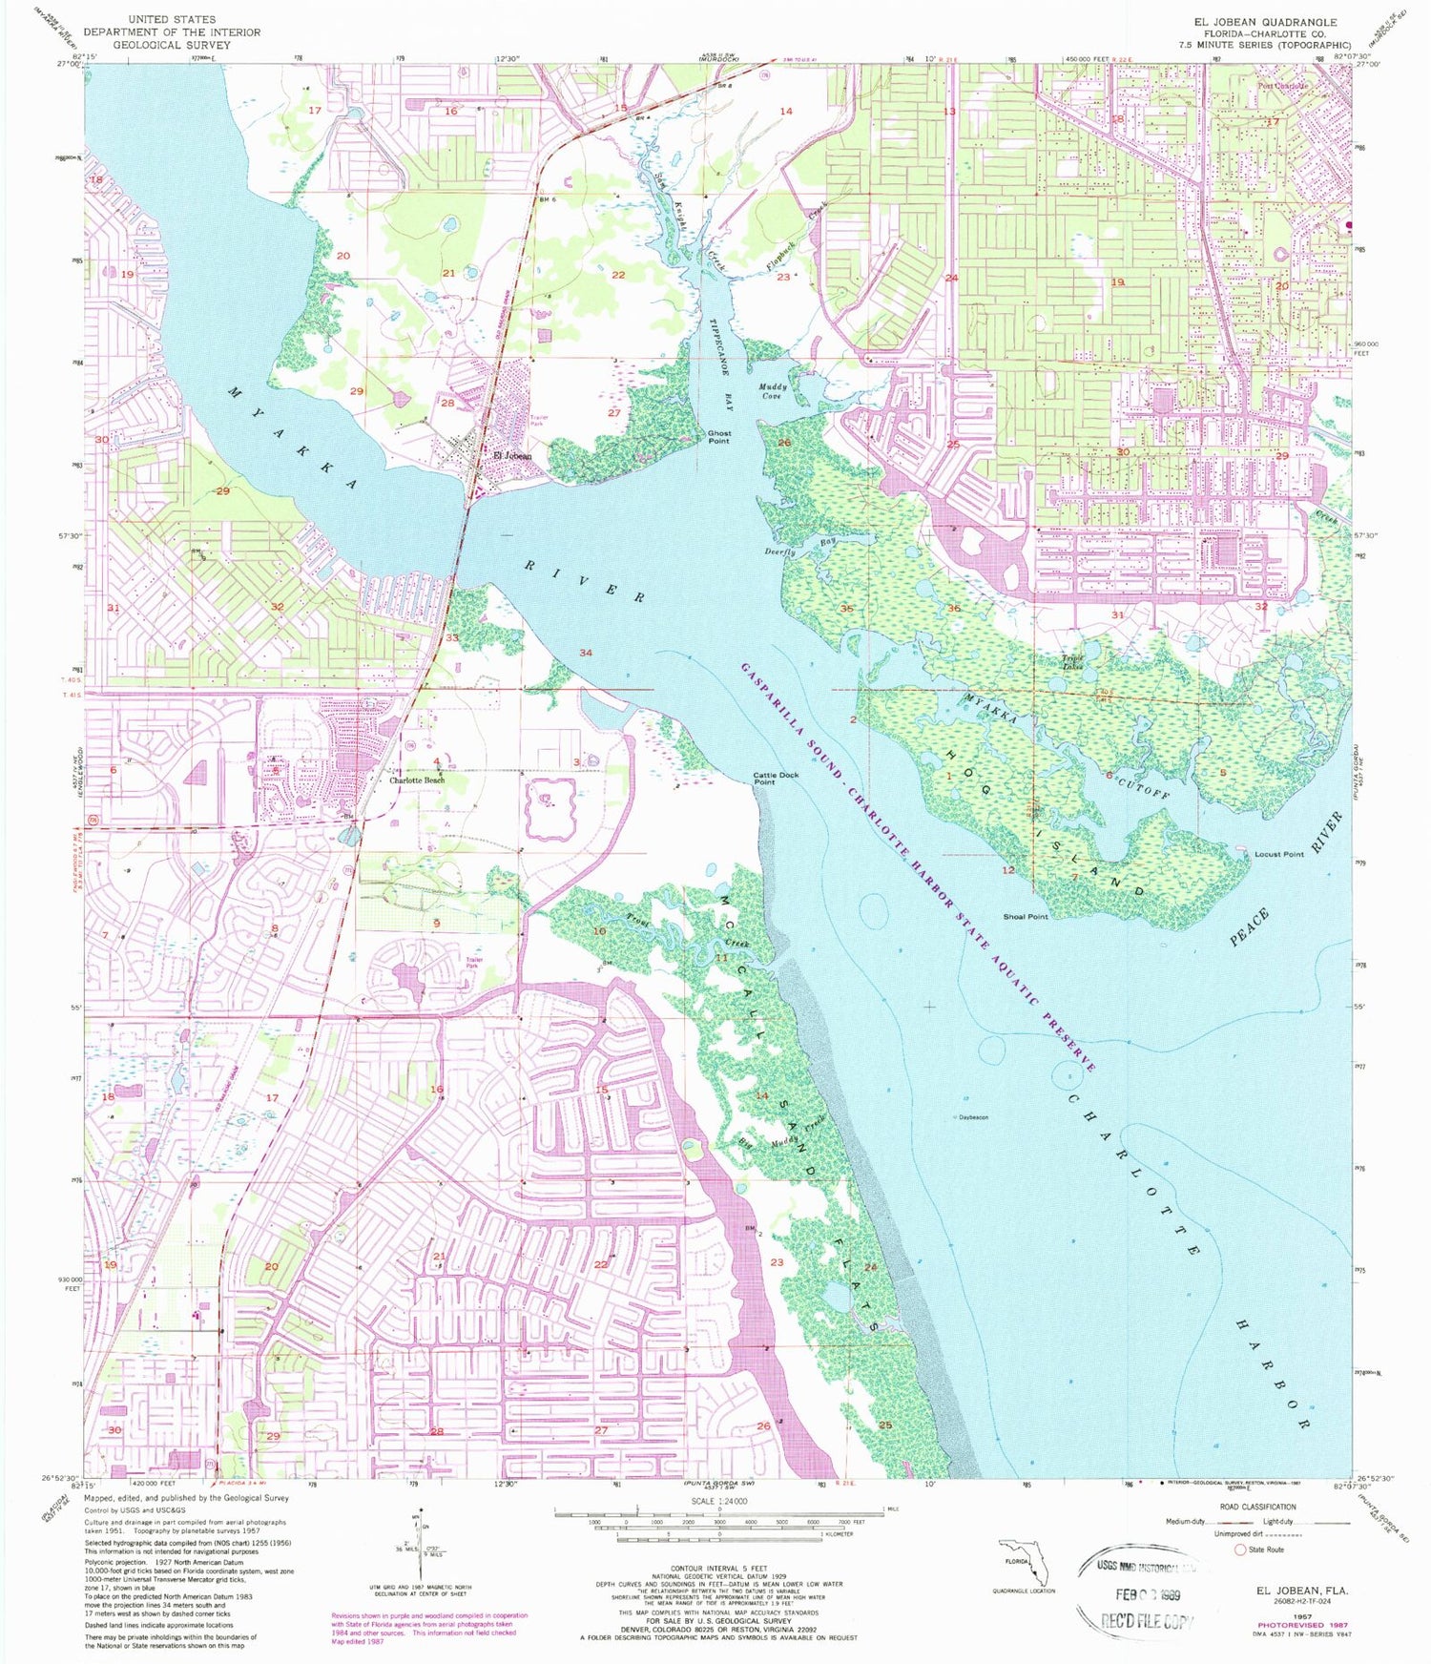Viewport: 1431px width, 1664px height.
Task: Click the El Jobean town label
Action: click(512, 456)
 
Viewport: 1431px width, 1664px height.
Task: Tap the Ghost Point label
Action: click(719, 437)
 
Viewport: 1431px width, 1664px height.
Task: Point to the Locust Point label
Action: click(1278, 854)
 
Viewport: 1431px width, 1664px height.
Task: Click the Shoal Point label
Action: click(1026, 917)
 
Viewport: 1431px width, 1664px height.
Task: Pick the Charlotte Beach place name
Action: click(417, 780)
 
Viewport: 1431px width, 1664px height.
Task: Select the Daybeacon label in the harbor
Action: click(973, 1116)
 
